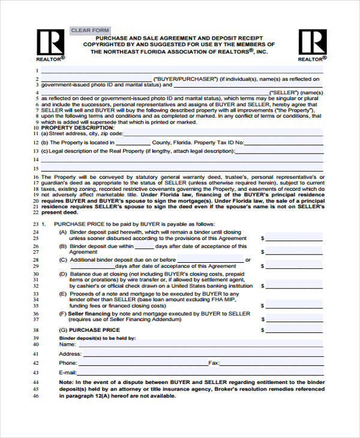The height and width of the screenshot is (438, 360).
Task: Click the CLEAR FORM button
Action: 90,31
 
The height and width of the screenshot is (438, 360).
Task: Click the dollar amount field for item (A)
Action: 294,238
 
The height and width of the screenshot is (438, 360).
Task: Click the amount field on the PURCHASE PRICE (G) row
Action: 294,330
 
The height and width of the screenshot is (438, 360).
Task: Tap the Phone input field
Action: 145,363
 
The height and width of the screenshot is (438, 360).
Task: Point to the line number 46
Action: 35,395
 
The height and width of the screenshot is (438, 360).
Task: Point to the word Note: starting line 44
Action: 67,382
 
